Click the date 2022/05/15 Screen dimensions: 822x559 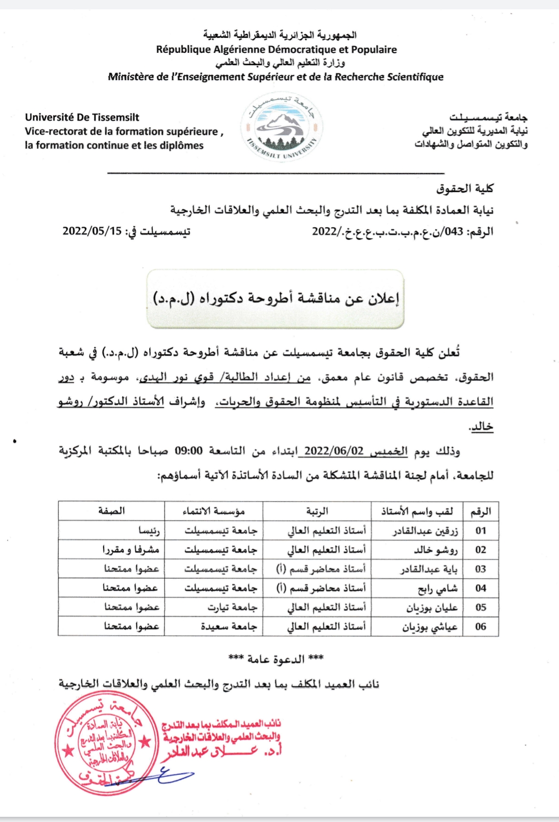(x=92, y=231)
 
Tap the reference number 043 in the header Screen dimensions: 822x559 (x=454, y=231)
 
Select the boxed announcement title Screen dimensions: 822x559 (x=275, y=299)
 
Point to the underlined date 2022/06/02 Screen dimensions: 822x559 (x=334, y=450)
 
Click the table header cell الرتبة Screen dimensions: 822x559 (x=317, y=511)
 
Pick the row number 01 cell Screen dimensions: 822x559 (x=481, y=531)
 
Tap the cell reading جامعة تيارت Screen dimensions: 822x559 (x=232, y=607)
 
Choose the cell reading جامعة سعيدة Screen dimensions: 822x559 (x=229, y=626)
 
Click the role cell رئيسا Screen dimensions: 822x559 (x=149, y=531)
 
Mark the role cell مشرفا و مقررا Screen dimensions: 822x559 (x=130, y=550)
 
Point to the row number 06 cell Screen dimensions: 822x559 (x=481, y=626)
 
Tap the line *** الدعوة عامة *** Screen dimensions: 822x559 (x=276, y=659)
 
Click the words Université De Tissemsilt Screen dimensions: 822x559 (x=82, y=118)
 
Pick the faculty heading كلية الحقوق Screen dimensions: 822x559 (x=464, y=188)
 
